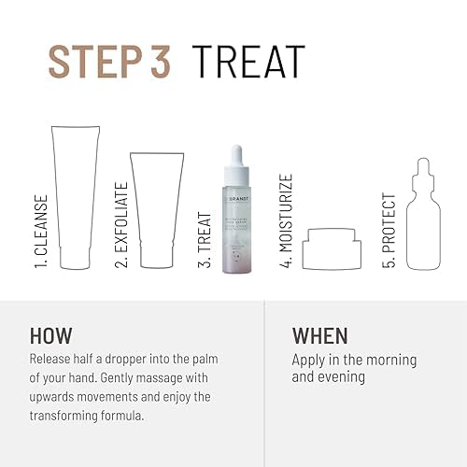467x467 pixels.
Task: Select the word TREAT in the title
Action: [249, 62]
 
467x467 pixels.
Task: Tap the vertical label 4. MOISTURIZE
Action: [285, 220]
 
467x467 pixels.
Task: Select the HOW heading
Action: [51, 336]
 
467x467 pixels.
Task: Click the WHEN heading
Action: [319, 336]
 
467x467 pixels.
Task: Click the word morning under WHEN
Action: [387, 360]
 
